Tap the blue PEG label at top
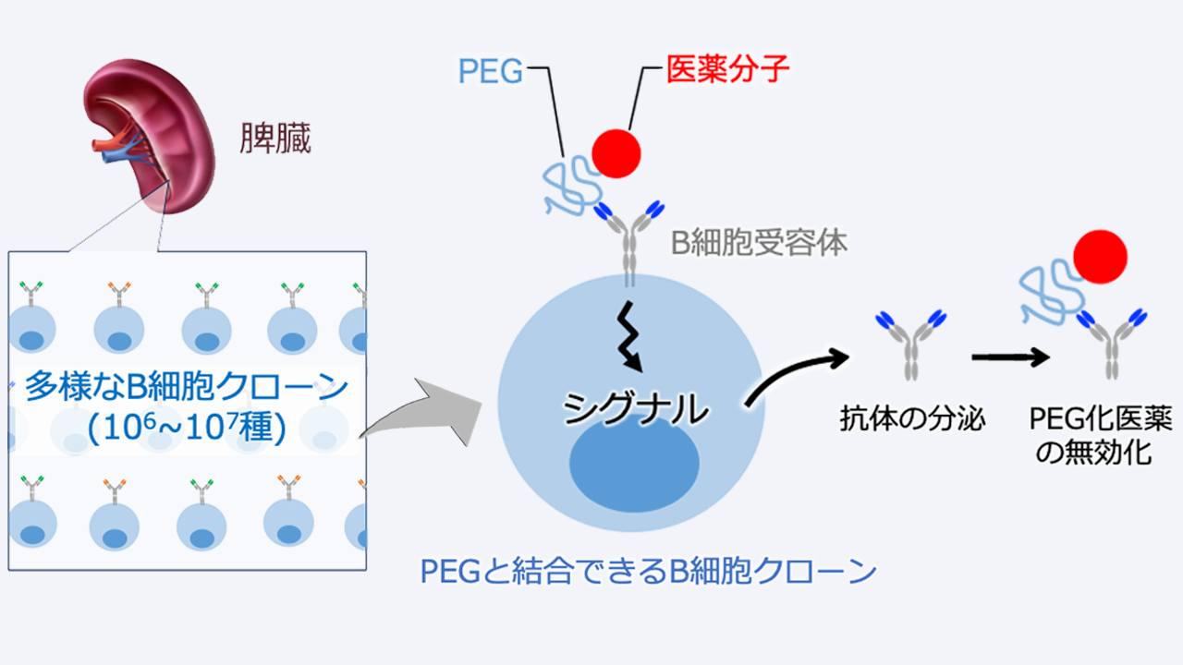pos(492,70)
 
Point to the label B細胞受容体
pos(758,244)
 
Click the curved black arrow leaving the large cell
pos(795,374)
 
